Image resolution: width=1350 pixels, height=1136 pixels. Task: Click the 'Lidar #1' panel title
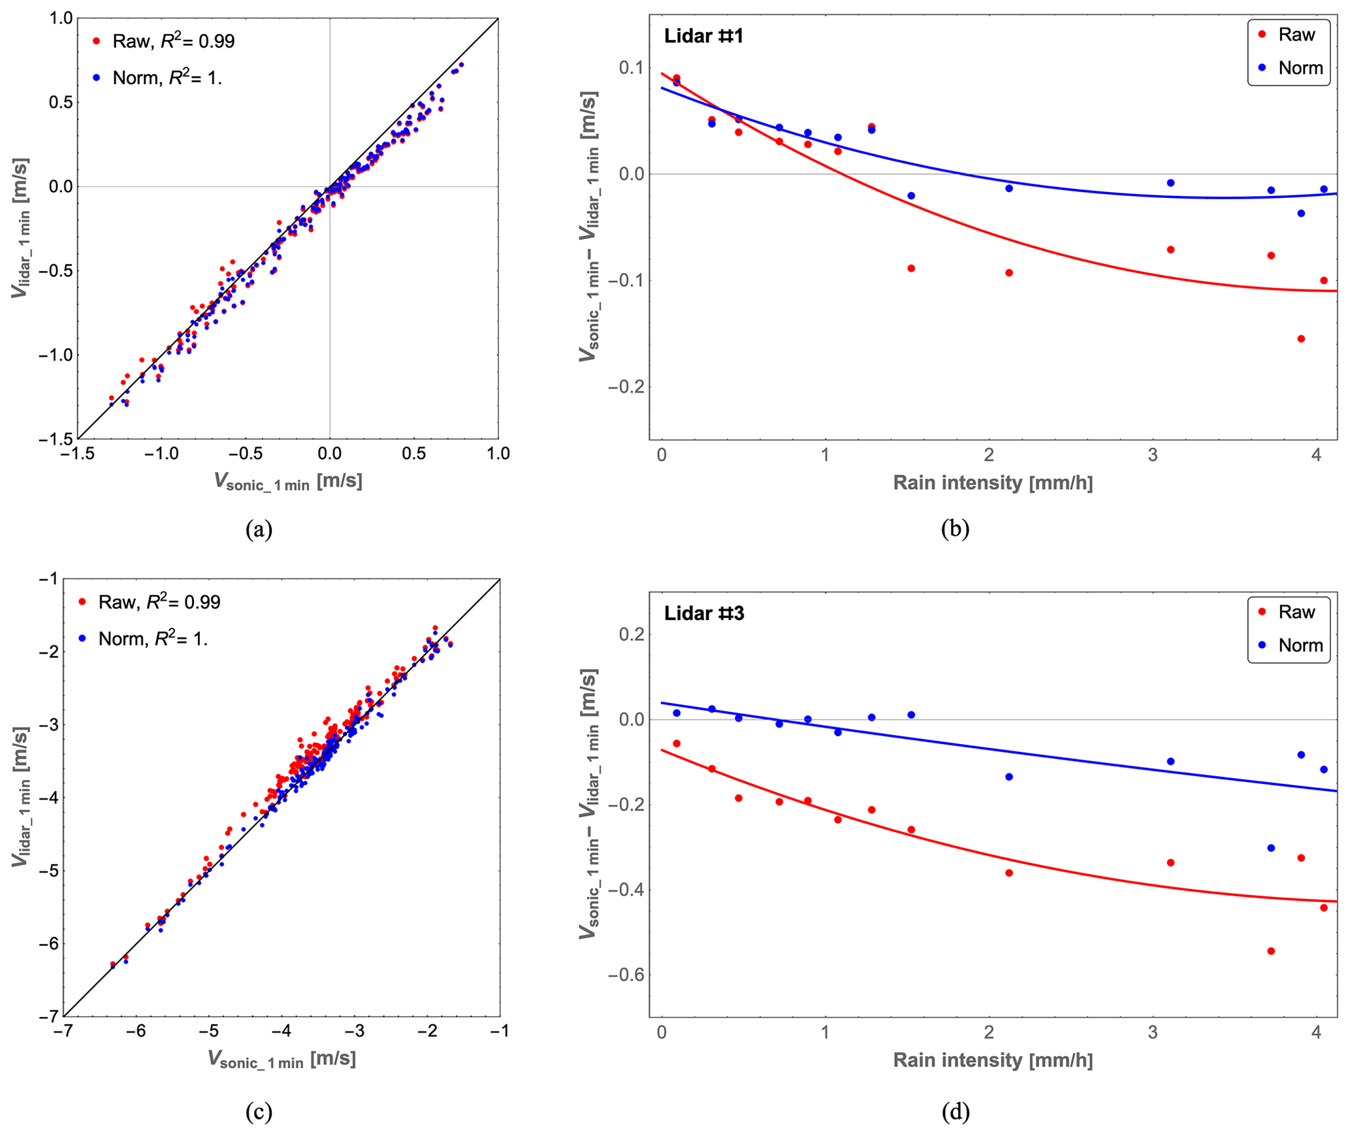(703, 36)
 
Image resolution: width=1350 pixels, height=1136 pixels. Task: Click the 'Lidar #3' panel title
(703, 613)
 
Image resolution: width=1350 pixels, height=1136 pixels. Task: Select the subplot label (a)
(259, 528)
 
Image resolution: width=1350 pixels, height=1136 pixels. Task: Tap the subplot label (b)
(955, 528)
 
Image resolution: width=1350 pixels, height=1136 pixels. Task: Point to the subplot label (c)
(259, 1111)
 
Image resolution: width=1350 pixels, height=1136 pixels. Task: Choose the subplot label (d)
(955, 1111)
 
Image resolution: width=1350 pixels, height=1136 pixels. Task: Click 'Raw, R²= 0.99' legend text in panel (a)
(173, 41)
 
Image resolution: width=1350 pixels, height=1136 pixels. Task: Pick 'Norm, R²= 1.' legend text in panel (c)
(153, 638)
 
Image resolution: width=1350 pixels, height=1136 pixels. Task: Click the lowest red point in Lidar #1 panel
(1301, 339)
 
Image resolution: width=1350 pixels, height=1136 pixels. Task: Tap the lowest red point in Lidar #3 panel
(1271, 951)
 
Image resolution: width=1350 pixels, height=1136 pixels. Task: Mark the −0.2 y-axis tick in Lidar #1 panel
(625, 387)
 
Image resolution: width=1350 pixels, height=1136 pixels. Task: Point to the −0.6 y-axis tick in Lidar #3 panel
(625, 975)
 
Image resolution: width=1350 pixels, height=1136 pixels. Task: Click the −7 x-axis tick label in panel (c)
(63, 1031)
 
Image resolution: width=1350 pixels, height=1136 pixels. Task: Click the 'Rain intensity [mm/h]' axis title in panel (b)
(992, 483)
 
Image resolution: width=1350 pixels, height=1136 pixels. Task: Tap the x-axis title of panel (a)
(288, 481)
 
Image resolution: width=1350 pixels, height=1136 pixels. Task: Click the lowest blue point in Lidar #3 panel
(1271, 848)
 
